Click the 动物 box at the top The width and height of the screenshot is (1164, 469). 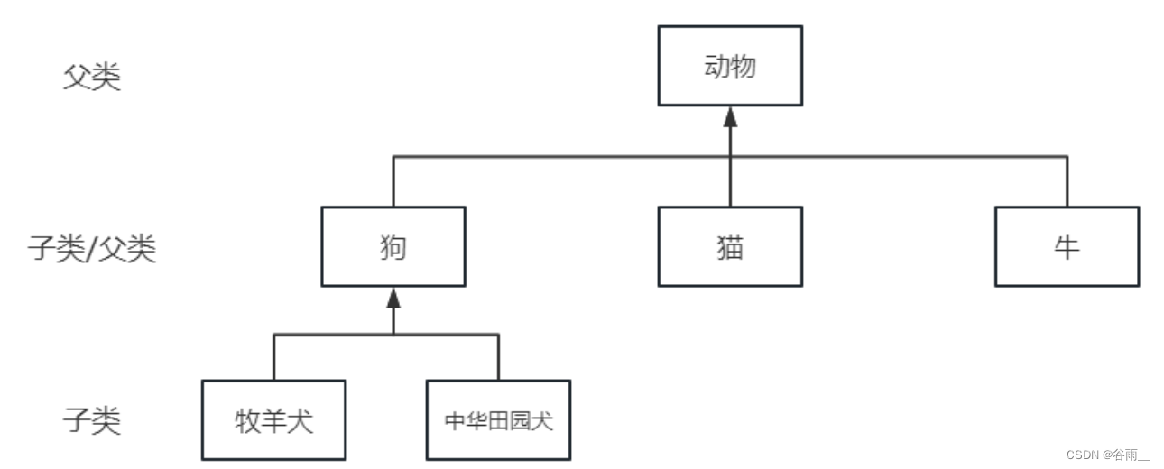pyautogui.click(x=729, y=66)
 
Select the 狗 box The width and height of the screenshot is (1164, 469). pyautogui.click(x=393, y=246)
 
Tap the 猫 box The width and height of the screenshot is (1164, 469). pyautogui.click(x=729, y=246)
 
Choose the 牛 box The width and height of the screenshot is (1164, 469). pyautogui.click(x=1067, y=246)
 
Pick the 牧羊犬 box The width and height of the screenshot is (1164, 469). pyautogui.click(x=273, y=420)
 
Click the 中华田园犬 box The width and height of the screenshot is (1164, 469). pyautogui.click(x=498, y=420)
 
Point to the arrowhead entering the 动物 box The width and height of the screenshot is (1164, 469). pyautogui.click(x=730, y=116)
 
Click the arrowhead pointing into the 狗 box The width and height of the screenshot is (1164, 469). pyautogui.click(x=393, y=298)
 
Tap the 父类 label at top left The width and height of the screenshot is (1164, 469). pyautogui.click(x=91, y=78)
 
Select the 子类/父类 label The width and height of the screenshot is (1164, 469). pyautogui.click(x=91, y=248)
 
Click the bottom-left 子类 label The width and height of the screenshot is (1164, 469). pyautogui.click(x=91, y=420)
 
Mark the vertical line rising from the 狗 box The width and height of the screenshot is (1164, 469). pyautogui.click(x=393, y=180)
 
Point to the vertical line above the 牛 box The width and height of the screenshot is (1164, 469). pyautogui.click(x=1067, y=180)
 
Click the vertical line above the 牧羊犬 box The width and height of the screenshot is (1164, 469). pyautogui.click(x=273, y=357)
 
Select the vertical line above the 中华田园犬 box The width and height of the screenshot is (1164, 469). pyautogui.click(x=498, y=357)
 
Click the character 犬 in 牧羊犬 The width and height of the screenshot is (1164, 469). pyautogui.click(x=300, y=421)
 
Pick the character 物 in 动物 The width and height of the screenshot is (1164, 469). pyautogui.click(x=743, y=66)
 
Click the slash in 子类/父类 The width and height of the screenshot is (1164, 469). pyautogui.click(x=91, y=248)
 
